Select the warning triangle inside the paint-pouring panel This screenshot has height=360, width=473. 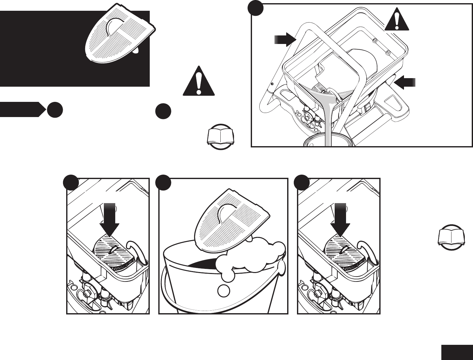tap(397, 20)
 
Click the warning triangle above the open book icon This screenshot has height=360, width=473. tap(199, 82)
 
